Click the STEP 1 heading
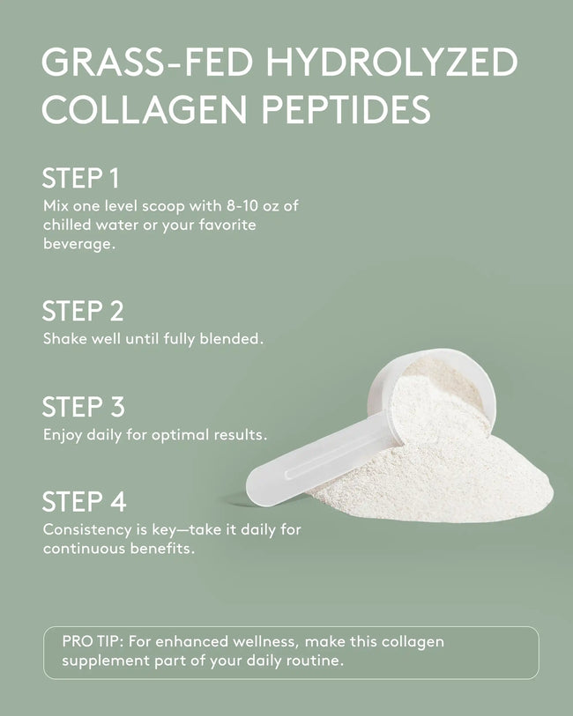(x=80, y=177)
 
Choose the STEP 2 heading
(x=83, y=311)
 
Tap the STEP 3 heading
(x=83, y=407)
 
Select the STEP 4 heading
(x=84, y=502)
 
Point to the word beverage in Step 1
(x=78, y=244)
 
